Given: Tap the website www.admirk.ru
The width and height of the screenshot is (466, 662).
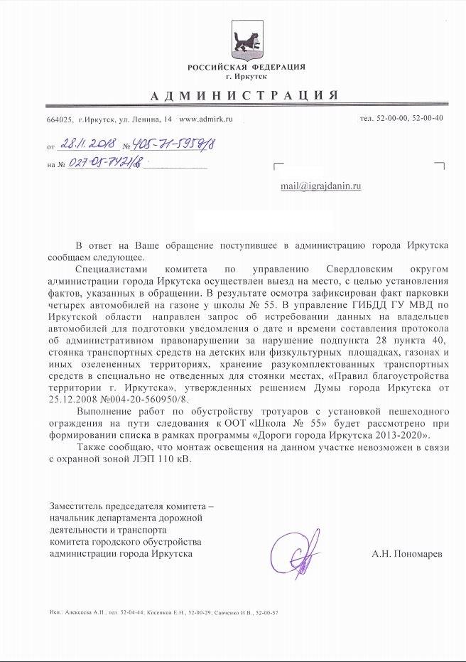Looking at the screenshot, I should (207, 119).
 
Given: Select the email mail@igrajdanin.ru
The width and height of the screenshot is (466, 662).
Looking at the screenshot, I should (320, 186).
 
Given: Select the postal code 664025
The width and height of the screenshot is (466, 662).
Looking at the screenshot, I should (60, 119).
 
